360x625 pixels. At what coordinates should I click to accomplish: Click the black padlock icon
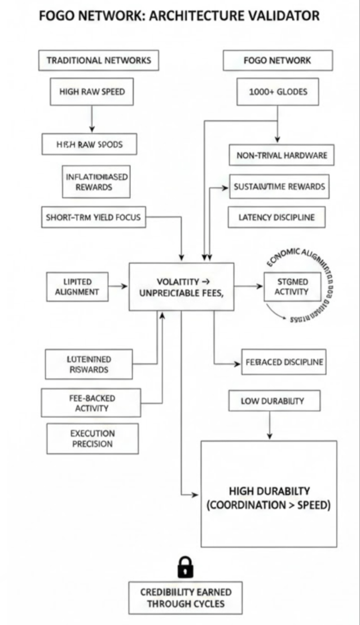tap(185, 567)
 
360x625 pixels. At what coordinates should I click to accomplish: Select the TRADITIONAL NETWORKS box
tap(99, 60)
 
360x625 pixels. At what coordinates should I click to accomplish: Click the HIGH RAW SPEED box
tap(92, 92)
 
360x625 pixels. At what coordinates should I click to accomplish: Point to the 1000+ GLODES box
tap(278, 92)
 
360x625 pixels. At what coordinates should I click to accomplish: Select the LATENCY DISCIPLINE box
tap(276, 217)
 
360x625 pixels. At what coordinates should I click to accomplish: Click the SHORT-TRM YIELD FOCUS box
tap(93, 217)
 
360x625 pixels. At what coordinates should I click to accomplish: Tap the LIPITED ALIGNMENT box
tap(77, 287)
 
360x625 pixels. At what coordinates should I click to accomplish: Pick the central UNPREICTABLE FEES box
tap(181, 287)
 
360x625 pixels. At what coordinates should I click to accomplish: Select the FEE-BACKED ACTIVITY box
tap(91, 403)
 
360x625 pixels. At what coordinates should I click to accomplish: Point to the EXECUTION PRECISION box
tap(92, 438)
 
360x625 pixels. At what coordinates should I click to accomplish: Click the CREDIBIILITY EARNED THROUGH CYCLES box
tap(186, 597)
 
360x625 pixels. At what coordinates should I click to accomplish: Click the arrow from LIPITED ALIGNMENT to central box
tap(118, 287)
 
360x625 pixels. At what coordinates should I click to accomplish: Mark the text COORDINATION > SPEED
tap(268, 505)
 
